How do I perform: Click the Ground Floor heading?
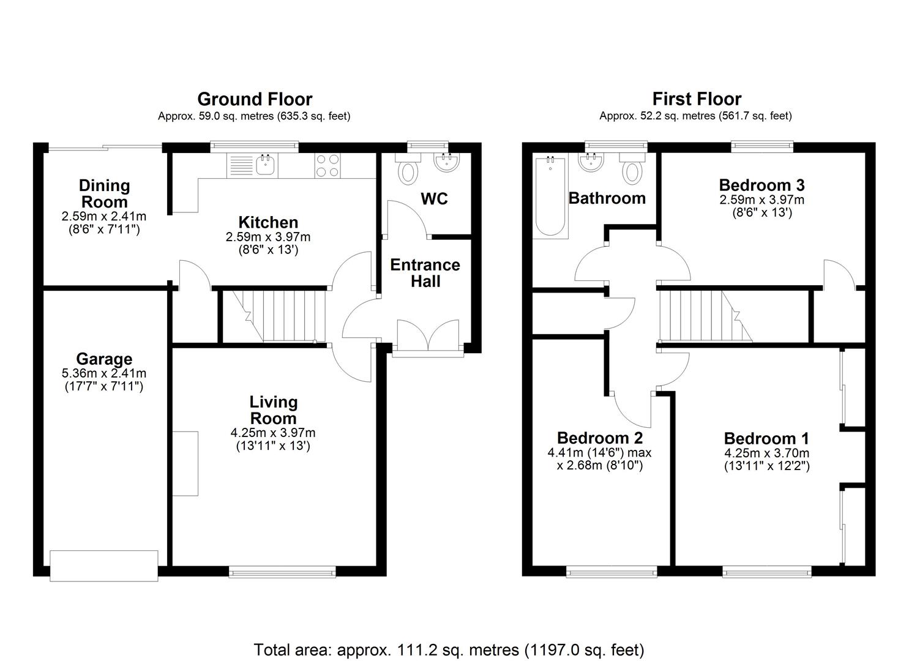point(255,99)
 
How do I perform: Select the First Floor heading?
point(697,99)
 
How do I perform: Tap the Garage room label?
point(104,359)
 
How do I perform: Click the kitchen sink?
point(266,165)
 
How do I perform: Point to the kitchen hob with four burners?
point(327,165)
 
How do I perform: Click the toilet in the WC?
point(408,169)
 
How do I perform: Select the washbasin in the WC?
point(447,162)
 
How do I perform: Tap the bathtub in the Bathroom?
point(550,197)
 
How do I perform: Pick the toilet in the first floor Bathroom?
point(632,169)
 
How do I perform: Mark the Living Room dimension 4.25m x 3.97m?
point(273,433)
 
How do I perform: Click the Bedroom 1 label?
point(766,438)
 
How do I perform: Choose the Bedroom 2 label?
point(600,438)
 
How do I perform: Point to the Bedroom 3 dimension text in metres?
point(761,200)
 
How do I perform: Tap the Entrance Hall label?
point(425,273)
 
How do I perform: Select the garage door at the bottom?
point(104,566)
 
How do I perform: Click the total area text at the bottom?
point(449,649)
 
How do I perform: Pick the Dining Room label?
point(104,193)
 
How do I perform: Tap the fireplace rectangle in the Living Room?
point(185,463)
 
